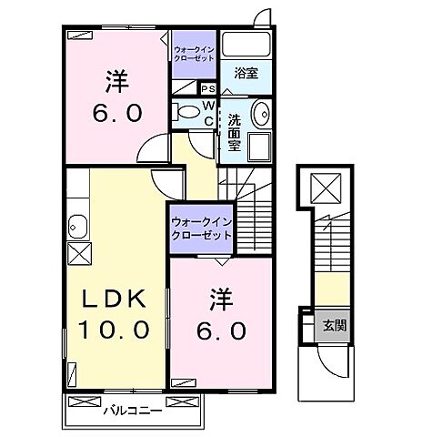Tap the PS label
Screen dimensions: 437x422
pos(207,89)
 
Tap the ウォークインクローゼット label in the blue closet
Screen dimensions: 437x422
pos(200,227)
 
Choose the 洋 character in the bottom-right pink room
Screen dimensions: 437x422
pos(219,298)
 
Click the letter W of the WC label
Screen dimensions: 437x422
pos(207,107)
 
